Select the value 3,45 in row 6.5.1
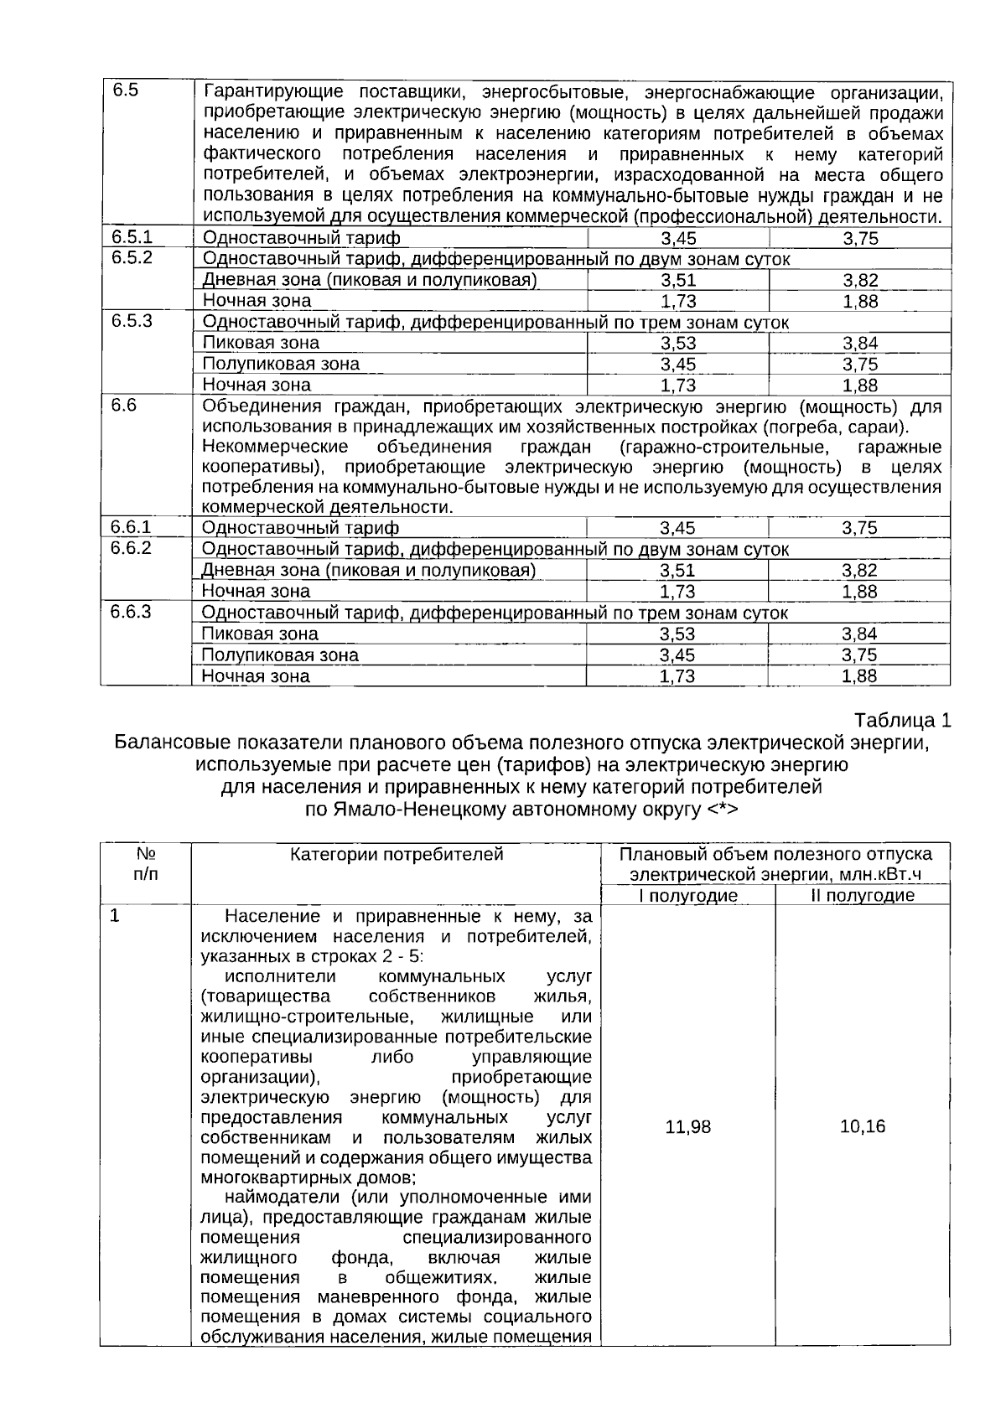pyautogui.click(x=678, y=239)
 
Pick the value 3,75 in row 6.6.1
pyautogui.click(x=859, y=528)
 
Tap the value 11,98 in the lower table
pyautogui.click(x=687, y=1127)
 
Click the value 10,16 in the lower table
pyautogui.click(x=863, y=1126)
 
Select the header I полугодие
pyautogui.click(x=687, y=896)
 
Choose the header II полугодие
pyautogui.click(x=863, y=896)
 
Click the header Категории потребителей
pyautogui.click(x=397, y=855)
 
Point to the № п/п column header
pyautogui.click(x=146, y=863)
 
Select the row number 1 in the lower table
pyautogui.click(x=115, y=916)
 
